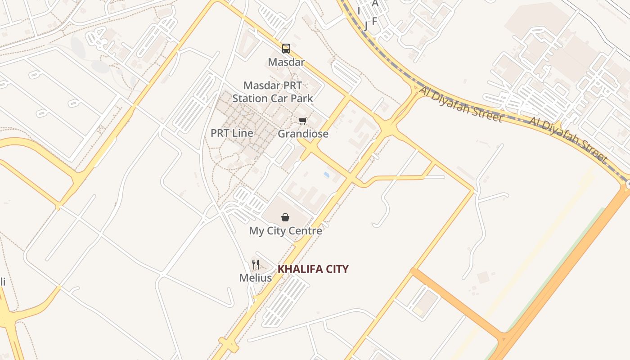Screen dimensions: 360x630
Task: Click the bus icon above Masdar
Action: click(x=286, y=49)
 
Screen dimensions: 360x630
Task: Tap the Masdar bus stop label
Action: click(x=286, y=62)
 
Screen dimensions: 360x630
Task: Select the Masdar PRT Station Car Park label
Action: click(x=273, y=92)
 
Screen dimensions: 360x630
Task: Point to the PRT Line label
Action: click(x=232, y=133)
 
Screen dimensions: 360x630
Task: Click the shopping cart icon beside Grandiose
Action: click(x=303, y=121)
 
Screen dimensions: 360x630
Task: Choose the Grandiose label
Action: click(x=303, y=134)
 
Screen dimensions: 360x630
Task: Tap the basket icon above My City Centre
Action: click(x=285, y=218)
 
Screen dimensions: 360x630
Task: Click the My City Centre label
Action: click(x=285, y=231)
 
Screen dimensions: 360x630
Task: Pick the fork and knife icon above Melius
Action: click(x=256, y=264)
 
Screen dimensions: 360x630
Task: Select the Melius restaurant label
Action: click(x=256, y=278)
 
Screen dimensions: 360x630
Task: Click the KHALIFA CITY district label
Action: click(x=313, y=269)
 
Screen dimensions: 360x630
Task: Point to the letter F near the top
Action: click(x=374, y=21)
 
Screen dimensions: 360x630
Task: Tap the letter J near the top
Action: click(x=366, y=26)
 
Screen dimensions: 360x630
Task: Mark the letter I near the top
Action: click(x=359, y=10)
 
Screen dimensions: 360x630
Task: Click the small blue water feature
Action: click(x=326, y=174)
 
